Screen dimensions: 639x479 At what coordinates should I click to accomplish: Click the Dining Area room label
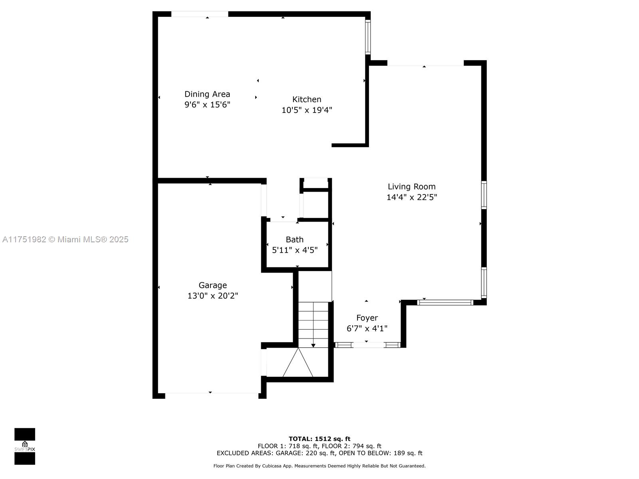(x=207, y=94)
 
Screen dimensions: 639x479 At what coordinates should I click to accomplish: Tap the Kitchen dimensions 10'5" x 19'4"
(x=307, y=110)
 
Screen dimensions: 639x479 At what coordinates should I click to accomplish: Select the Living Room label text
(x=411, y=186)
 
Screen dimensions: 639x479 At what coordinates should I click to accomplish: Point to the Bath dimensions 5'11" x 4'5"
(x=295, y=250)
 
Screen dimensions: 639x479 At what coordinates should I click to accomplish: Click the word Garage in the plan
(x=212, y=285)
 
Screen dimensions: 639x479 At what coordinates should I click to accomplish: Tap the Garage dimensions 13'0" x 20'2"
(x=212, y=296)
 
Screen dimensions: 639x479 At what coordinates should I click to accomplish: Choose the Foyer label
(x=367, y=318)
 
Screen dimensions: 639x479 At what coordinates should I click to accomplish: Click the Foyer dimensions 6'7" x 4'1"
(x=367, y=329)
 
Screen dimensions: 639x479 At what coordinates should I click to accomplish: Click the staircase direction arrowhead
(x=313, y=345)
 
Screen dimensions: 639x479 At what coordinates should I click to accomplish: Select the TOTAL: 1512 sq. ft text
(x=319, y=439)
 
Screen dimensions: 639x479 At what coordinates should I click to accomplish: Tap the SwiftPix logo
(x=25, y=446)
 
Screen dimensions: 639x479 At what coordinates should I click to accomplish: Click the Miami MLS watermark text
(x=65, y=239)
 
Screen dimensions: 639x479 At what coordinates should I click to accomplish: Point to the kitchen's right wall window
(x=368, y=37)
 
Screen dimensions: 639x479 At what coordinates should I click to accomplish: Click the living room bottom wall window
(x=445, y=303)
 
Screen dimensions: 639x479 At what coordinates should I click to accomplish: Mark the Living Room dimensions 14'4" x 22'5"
(x=411, y=197)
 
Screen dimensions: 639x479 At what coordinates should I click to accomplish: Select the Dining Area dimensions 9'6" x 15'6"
(x=207, y=105)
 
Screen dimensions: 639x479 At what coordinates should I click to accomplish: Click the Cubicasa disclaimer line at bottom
(x=319, y=465)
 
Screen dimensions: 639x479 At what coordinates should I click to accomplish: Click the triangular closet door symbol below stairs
(x=298, y=362)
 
